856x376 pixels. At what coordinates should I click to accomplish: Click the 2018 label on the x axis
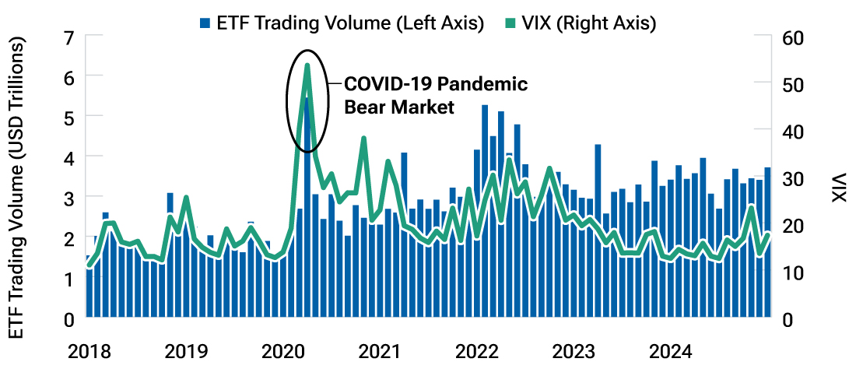[x=89, y=352]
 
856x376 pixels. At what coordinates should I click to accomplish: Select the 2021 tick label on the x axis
[x=380, y=352]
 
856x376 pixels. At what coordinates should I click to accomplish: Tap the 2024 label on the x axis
[x=670, y=352]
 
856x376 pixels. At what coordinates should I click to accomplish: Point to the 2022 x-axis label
[x=476, y=352]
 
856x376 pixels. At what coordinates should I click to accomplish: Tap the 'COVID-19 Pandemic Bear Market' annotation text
[x=436, y=96]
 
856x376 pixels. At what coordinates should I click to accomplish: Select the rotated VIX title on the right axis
[x=838, y=187]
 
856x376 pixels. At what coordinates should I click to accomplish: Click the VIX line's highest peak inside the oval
[x=307, y=65]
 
